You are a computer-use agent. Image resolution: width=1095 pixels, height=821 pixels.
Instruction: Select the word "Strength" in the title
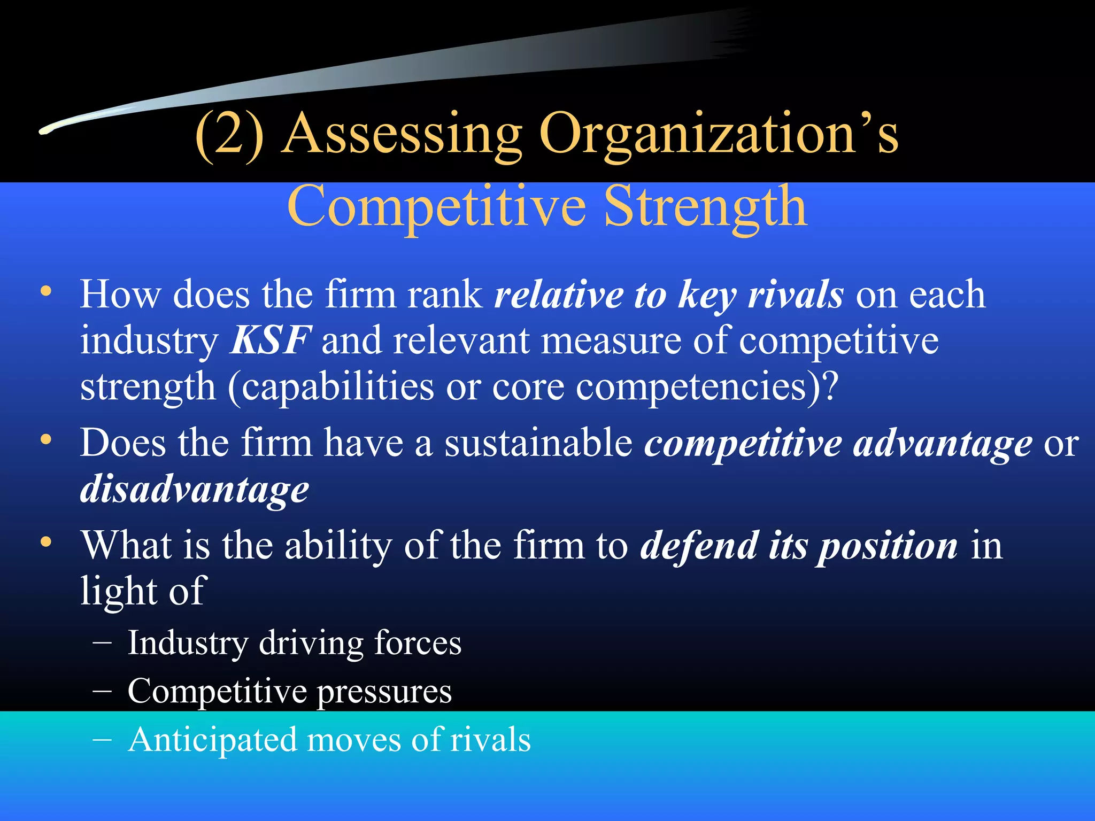(706, 207)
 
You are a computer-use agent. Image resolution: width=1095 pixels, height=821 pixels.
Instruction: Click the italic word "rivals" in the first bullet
(796, 295)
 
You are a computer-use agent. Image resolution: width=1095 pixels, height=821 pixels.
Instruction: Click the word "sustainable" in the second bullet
(539, 443)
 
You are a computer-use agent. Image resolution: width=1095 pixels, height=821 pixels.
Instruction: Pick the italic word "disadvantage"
(195, 490)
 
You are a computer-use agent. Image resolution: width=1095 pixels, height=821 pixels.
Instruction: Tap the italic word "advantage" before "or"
(943, 444)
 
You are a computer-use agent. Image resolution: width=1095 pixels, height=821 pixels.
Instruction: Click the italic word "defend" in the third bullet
(699, 546)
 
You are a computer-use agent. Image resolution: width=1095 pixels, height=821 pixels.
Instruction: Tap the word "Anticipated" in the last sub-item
(212, 740)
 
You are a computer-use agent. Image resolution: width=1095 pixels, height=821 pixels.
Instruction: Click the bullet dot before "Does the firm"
(47, 440)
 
